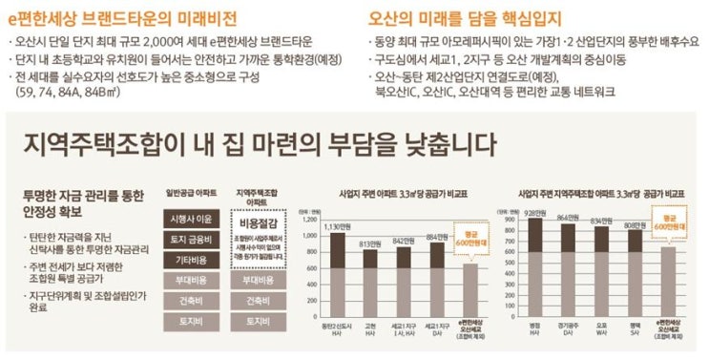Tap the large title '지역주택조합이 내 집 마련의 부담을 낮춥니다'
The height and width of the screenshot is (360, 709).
[259, 144]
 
